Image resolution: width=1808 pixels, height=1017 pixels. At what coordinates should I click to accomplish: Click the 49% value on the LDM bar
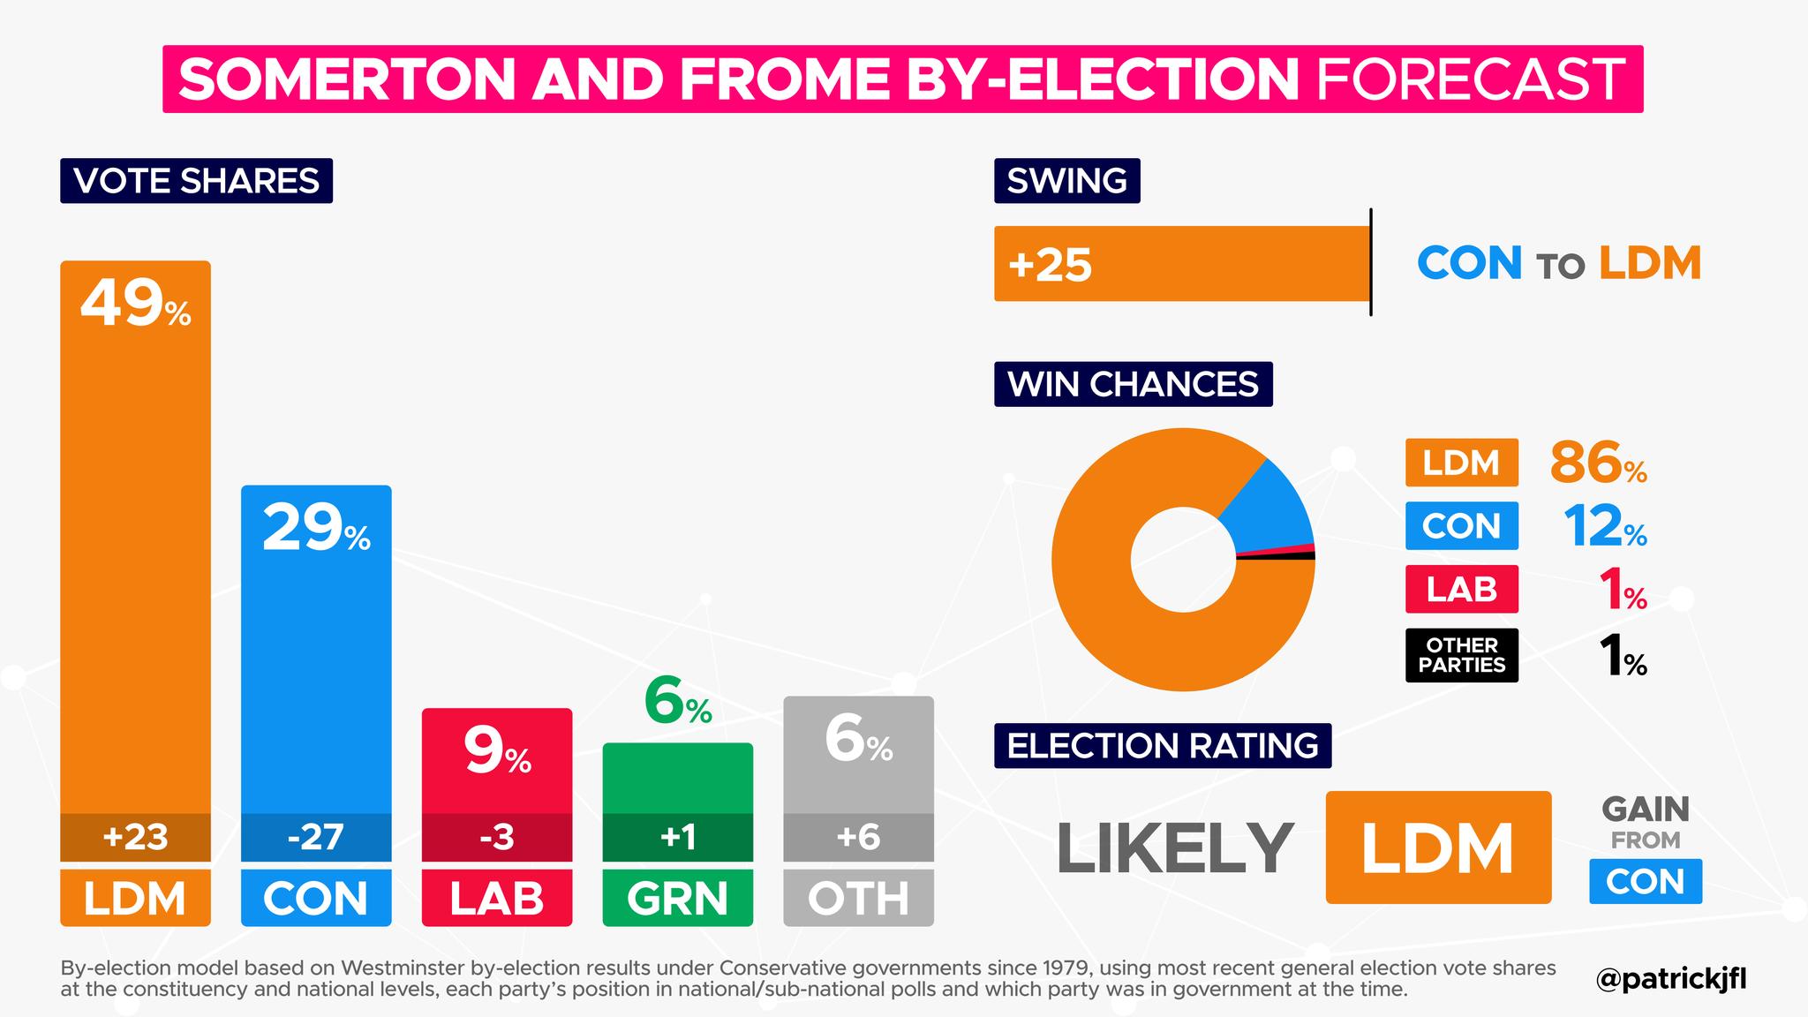tap(135, 305)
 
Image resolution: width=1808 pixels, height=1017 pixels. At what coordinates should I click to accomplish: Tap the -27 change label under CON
tap(316, 837)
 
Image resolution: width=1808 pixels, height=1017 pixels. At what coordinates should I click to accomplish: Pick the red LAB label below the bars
tap(496, 899)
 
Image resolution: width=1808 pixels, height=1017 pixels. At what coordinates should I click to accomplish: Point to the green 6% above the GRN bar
tap(677, 704)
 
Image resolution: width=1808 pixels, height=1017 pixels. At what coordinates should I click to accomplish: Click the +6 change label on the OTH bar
tap(858, 837)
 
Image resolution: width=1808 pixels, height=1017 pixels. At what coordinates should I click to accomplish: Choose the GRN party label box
tap(677, 899)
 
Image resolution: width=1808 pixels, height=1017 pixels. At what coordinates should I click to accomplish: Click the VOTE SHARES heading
tap(196, 181)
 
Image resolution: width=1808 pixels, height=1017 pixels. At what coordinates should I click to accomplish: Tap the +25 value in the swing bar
tap(1050, 265)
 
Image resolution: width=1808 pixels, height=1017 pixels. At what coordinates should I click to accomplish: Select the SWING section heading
tap(1066, 181)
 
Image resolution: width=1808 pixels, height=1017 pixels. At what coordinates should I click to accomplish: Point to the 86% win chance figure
tap(1598, 463)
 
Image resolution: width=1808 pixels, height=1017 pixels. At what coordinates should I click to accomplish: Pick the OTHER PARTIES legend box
tap(1461, 655)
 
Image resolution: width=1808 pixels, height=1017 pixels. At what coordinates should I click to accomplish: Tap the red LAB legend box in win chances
tap(1461, 589)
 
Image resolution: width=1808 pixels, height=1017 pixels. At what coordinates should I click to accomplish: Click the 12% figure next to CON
tap(1604, 527)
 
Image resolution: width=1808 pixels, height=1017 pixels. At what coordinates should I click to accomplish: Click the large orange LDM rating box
tap(1437, 847)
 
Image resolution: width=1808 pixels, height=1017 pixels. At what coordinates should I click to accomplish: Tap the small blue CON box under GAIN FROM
tap(1645, 881)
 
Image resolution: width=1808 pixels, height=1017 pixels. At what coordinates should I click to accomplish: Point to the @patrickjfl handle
tap(1670, 979)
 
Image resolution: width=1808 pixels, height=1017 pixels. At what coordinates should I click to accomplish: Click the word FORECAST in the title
tap(1470, 79)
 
